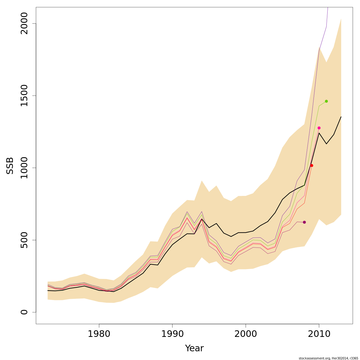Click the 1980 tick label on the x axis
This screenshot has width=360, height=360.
(99, 334)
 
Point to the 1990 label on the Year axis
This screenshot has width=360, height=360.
(172, 334)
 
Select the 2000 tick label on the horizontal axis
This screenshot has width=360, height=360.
(246, 334)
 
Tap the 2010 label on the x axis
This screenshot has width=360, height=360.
(319, 334)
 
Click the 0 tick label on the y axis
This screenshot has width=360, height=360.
(24, 312)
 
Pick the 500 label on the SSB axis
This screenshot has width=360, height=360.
(24, 240)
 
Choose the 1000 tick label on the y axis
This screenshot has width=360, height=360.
(24, 168)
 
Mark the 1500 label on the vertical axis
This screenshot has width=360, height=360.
(24, 96)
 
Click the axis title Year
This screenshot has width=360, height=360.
(194, 348)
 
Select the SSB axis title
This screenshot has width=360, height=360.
(10, 166)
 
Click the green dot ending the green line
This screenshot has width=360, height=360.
(326, 101)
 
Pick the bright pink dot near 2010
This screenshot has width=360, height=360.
(319, 128)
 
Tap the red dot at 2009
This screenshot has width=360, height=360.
(312, 165)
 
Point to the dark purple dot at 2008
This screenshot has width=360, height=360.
(304, 222)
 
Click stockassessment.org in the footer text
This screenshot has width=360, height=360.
(312, 358)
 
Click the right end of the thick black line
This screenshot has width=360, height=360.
(341, 117)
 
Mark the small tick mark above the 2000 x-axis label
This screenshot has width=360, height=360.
(246, 325)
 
